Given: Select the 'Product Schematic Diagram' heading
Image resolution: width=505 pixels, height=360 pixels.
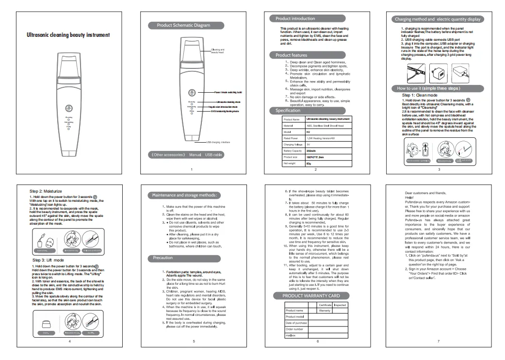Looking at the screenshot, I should (183, 25).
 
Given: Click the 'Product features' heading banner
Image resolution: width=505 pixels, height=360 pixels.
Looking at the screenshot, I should (291, 55).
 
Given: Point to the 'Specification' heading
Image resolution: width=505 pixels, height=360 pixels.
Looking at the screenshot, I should (288, 111).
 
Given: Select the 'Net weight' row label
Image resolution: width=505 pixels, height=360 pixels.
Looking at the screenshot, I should (289, 164).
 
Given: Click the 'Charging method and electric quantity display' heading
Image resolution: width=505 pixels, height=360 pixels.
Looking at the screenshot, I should (438, 19).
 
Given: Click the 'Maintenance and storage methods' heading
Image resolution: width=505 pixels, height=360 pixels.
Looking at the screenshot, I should (184, 195).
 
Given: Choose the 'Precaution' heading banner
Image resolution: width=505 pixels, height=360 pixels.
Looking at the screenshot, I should (163, 258).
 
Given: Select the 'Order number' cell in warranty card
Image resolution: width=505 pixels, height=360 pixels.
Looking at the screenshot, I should (295, 329).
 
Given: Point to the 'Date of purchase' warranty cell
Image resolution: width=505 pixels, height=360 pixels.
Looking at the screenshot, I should (296, 323).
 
